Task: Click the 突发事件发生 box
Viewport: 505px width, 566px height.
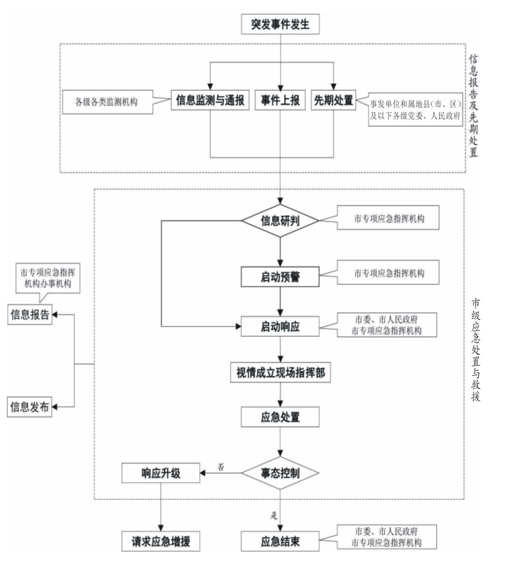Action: click(x=280, y=24)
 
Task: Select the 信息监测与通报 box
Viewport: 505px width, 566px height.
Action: click(x=210, y=100)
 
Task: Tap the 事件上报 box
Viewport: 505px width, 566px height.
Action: click(x=280, y=100)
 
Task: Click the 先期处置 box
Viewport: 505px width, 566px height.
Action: click(x=333, y=100)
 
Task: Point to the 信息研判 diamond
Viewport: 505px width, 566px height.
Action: click(x=280, y=221)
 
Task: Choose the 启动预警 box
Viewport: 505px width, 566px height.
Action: click(x=280, y=277)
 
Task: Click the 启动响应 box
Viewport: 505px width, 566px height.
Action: click(x=280, y=327)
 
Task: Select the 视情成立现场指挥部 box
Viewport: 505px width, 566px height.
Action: click(x=281, y=373)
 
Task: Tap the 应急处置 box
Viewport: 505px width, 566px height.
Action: click(x=280, y=417)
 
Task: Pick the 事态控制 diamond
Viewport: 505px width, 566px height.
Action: click(x=280, y=473)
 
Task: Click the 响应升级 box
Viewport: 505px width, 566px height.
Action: click(x=161, y=473)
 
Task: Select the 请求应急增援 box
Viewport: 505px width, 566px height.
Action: click(x=161, y=541)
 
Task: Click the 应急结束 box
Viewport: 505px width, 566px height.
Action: click(x=280, y=541)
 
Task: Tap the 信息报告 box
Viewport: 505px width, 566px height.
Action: click(x=30, y=315)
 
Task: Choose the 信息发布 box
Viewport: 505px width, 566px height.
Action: click(x=29, y=407)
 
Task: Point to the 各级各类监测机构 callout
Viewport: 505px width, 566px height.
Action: click(x=107, y=102)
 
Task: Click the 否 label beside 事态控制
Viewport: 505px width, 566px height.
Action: click(x=221, y=467)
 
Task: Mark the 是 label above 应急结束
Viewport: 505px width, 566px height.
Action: click(x=274, y=515)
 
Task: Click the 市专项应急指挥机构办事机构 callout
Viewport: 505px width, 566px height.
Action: click(x=48, y=278)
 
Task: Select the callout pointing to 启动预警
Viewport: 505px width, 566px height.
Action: click(x=388, y=273)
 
